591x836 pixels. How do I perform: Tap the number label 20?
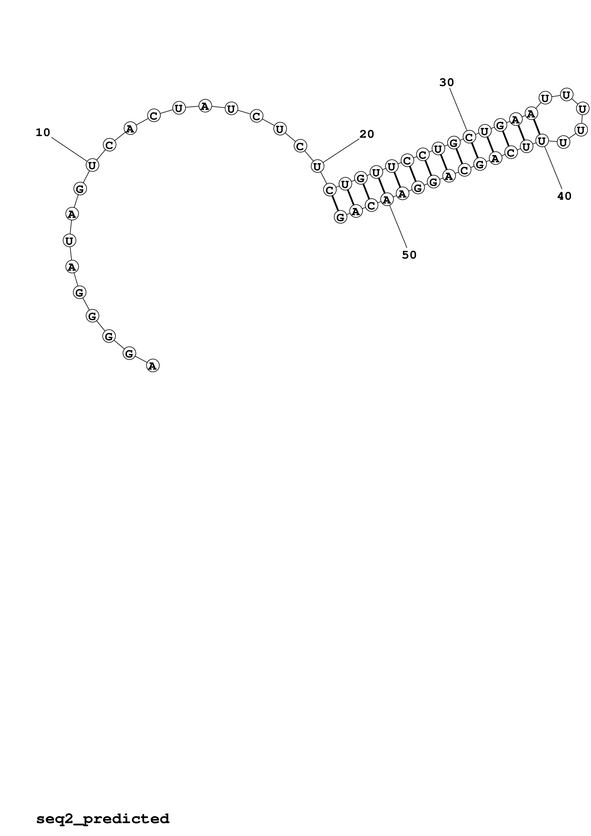(367, 134)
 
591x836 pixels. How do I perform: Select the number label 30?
(447, 83)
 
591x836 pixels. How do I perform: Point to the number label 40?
(564, 196)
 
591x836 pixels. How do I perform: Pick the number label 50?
(409, 255)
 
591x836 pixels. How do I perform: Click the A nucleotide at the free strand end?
(153, 366)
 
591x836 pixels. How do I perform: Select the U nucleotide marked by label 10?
(92, 165)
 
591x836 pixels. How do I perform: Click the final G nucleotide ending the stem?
(340, 217)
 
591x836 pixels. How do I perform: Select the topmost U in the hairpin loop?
(566, 95)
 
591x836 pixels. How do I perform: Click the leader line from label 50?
(398, 227)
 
